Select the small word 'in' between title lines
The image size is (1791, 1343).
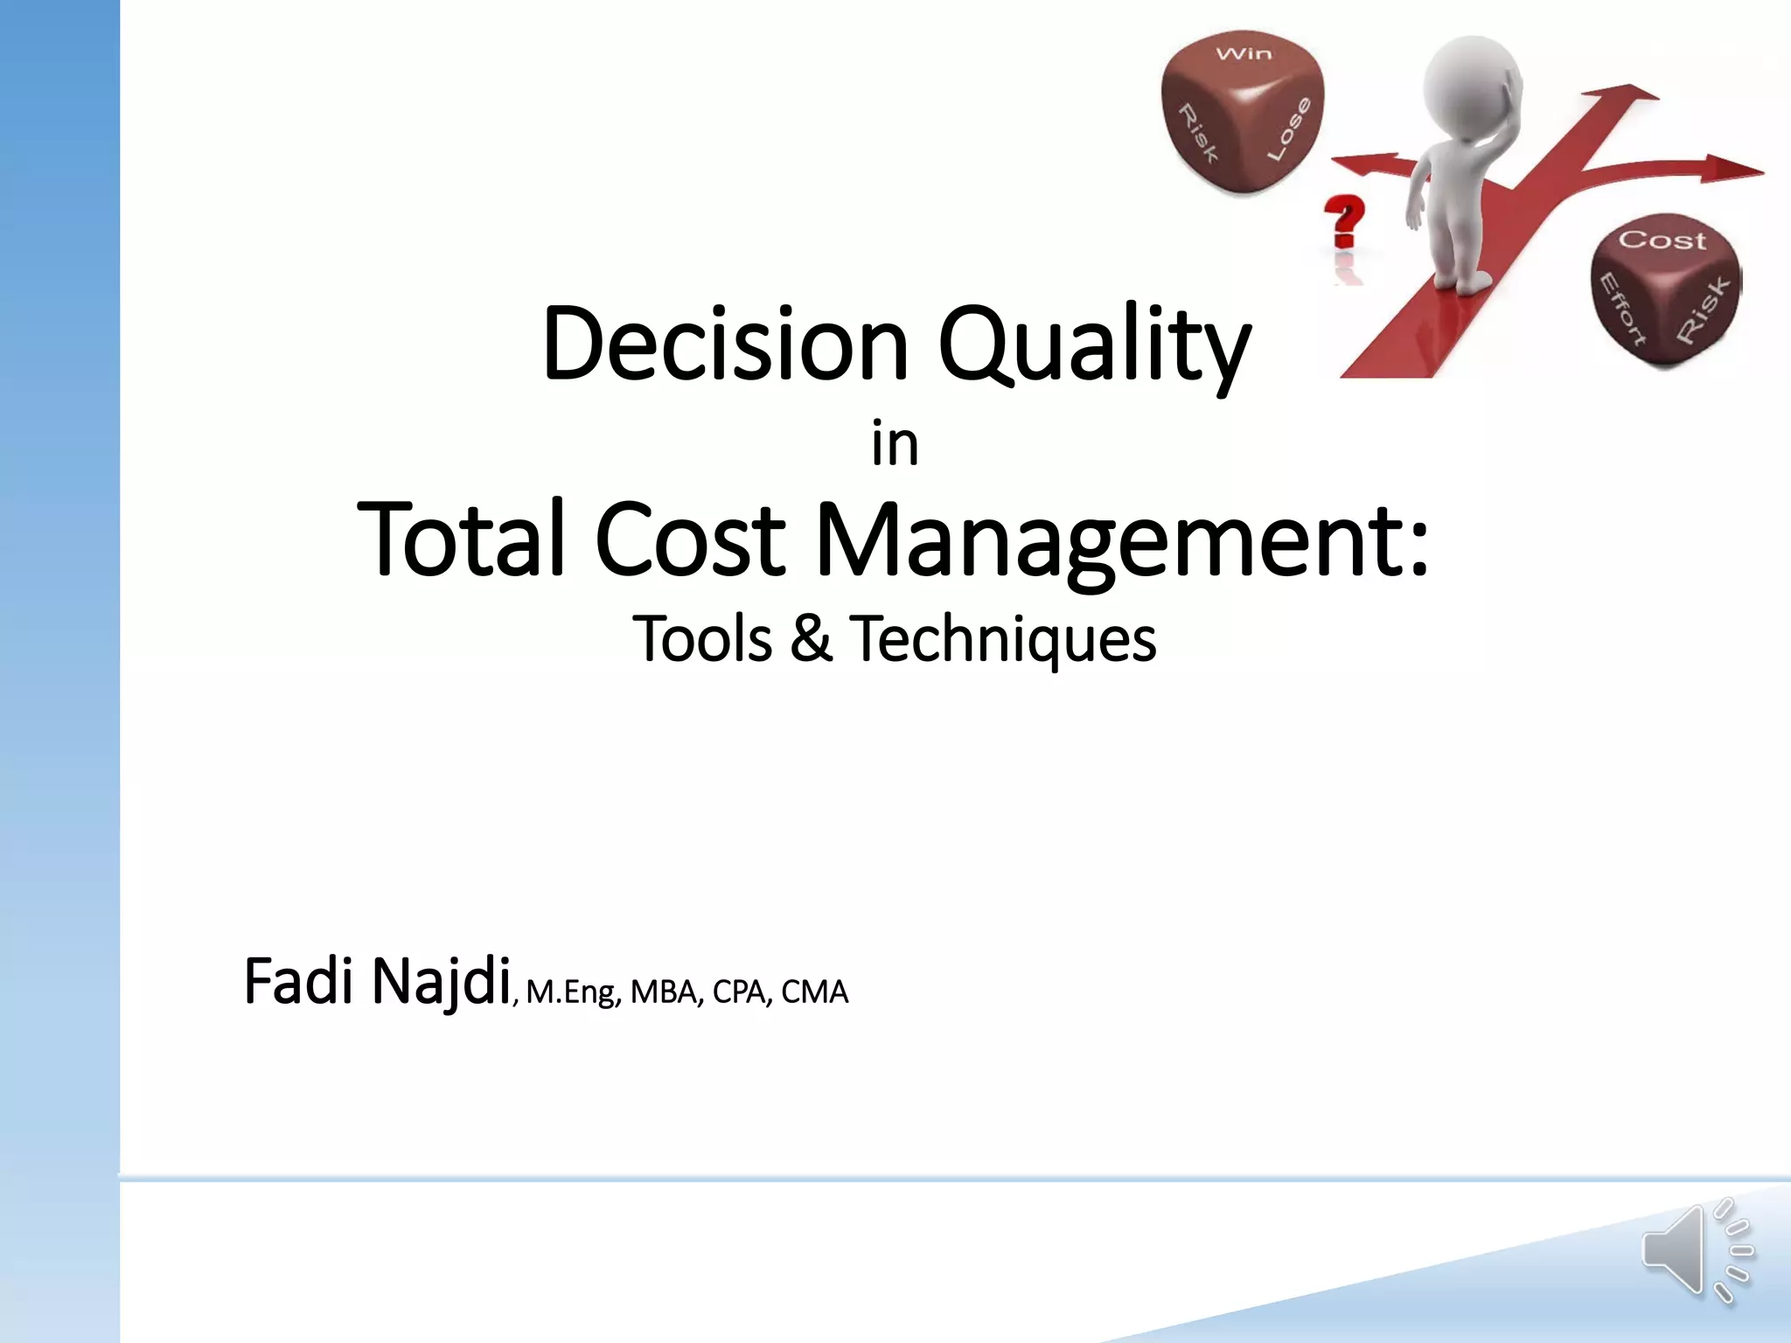click(895, 446)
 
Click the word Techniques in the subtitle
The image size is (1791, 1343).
click(1003, 638)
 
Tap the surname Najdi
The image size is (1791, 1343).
click(441, 982)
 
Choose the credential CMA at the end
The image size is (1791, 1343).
click(814, 992)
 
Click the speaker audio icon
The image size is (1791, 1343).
click(1697, 1251)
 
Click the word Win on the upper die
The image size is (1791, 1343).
click(1244, 54)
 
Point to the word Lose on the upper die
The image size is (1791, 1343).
click(1290, 129)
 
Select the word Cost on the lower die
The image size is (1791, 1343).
click(1662, 240)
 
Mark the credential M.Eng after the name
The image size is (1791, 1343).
click(573, 992)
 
